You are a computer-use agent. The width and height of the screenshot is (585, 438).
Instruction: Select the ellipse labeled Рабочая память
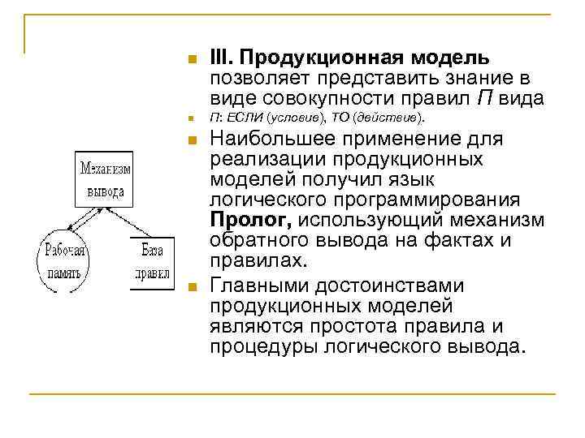click(x=62, y=261)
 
